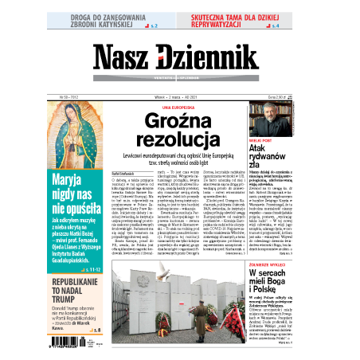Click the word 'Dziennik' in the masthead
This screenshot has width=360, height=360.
tap(206, 58)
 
